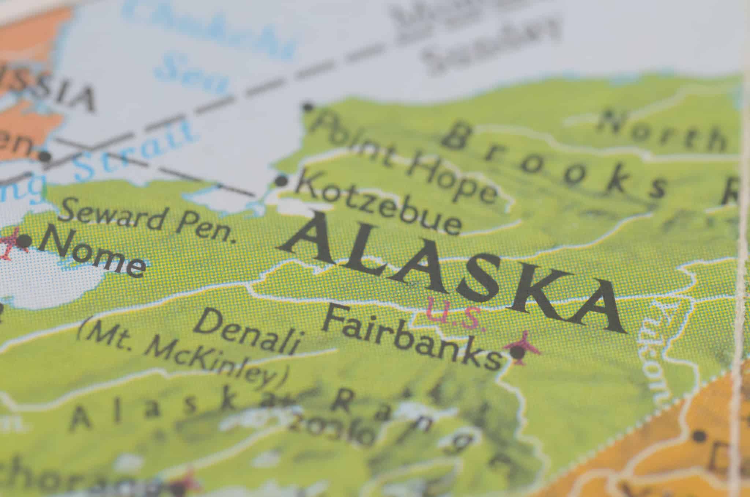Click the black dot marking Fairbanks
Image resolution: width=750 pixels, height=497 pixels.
517,353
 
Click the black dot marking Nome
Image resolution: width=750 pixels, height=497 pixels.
25,241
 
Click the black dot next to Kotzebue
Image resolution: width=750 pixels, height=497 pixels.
281,180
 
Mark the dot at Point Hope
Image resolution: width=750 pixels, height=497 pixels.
308,107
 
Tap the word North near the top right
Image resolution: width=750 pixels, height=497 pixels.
659,130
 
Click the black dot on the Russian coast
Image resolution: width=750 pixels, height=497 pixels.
45,157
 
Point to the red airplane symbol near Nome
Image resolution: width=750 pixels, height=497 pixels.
11,242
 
